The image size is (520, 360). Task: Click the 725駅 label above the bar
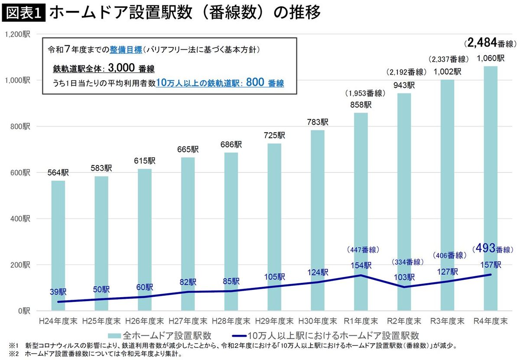(x=275, y=135)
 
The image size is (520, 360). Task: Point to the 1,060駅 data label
(x=491, y=58)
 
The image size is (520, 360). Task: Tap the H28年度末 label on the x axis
(x=231, y=321)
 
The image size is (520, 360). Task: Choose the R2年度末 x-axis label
(x=404, y=321)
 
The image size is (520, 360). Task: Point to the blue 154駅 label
(x=361, y=266)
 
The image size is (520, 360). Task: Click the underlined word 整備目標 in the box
(x=126, y=49)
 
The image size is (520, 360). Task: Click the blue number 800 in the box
(x=255, y=83)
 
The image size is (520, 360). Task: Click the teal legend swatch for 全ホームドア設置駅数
(x=114, y=335)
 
